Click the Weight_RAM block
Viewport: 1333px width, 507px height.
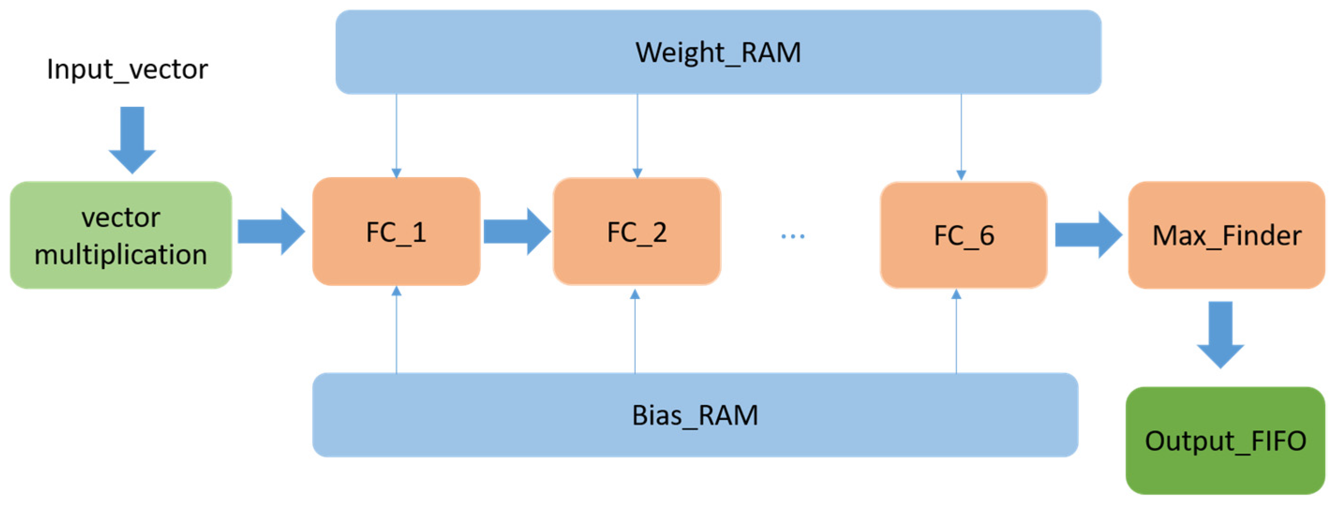tap(718, 52)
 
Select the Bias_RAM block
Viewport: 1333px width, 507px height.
tap(695, 415)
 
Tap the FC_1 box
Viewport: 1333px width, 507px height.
tap(396, 231)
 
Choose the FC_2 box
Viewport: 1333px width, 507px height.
tap(637, 231)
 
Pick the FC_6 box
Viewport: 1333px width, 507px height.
tap(963, 235)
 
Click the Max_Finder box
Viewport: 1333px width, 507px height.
tap(1226, 235)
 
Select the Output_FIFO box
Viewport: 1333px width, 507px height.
tap(1225, 441)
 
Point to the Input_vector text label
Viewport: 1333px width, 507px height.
tap(127, 69)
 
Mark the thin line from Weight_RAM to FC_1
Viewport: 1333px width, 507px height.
tap(396, 134)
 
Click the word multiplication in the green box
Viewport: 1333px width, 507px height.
tap(120, 255)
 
